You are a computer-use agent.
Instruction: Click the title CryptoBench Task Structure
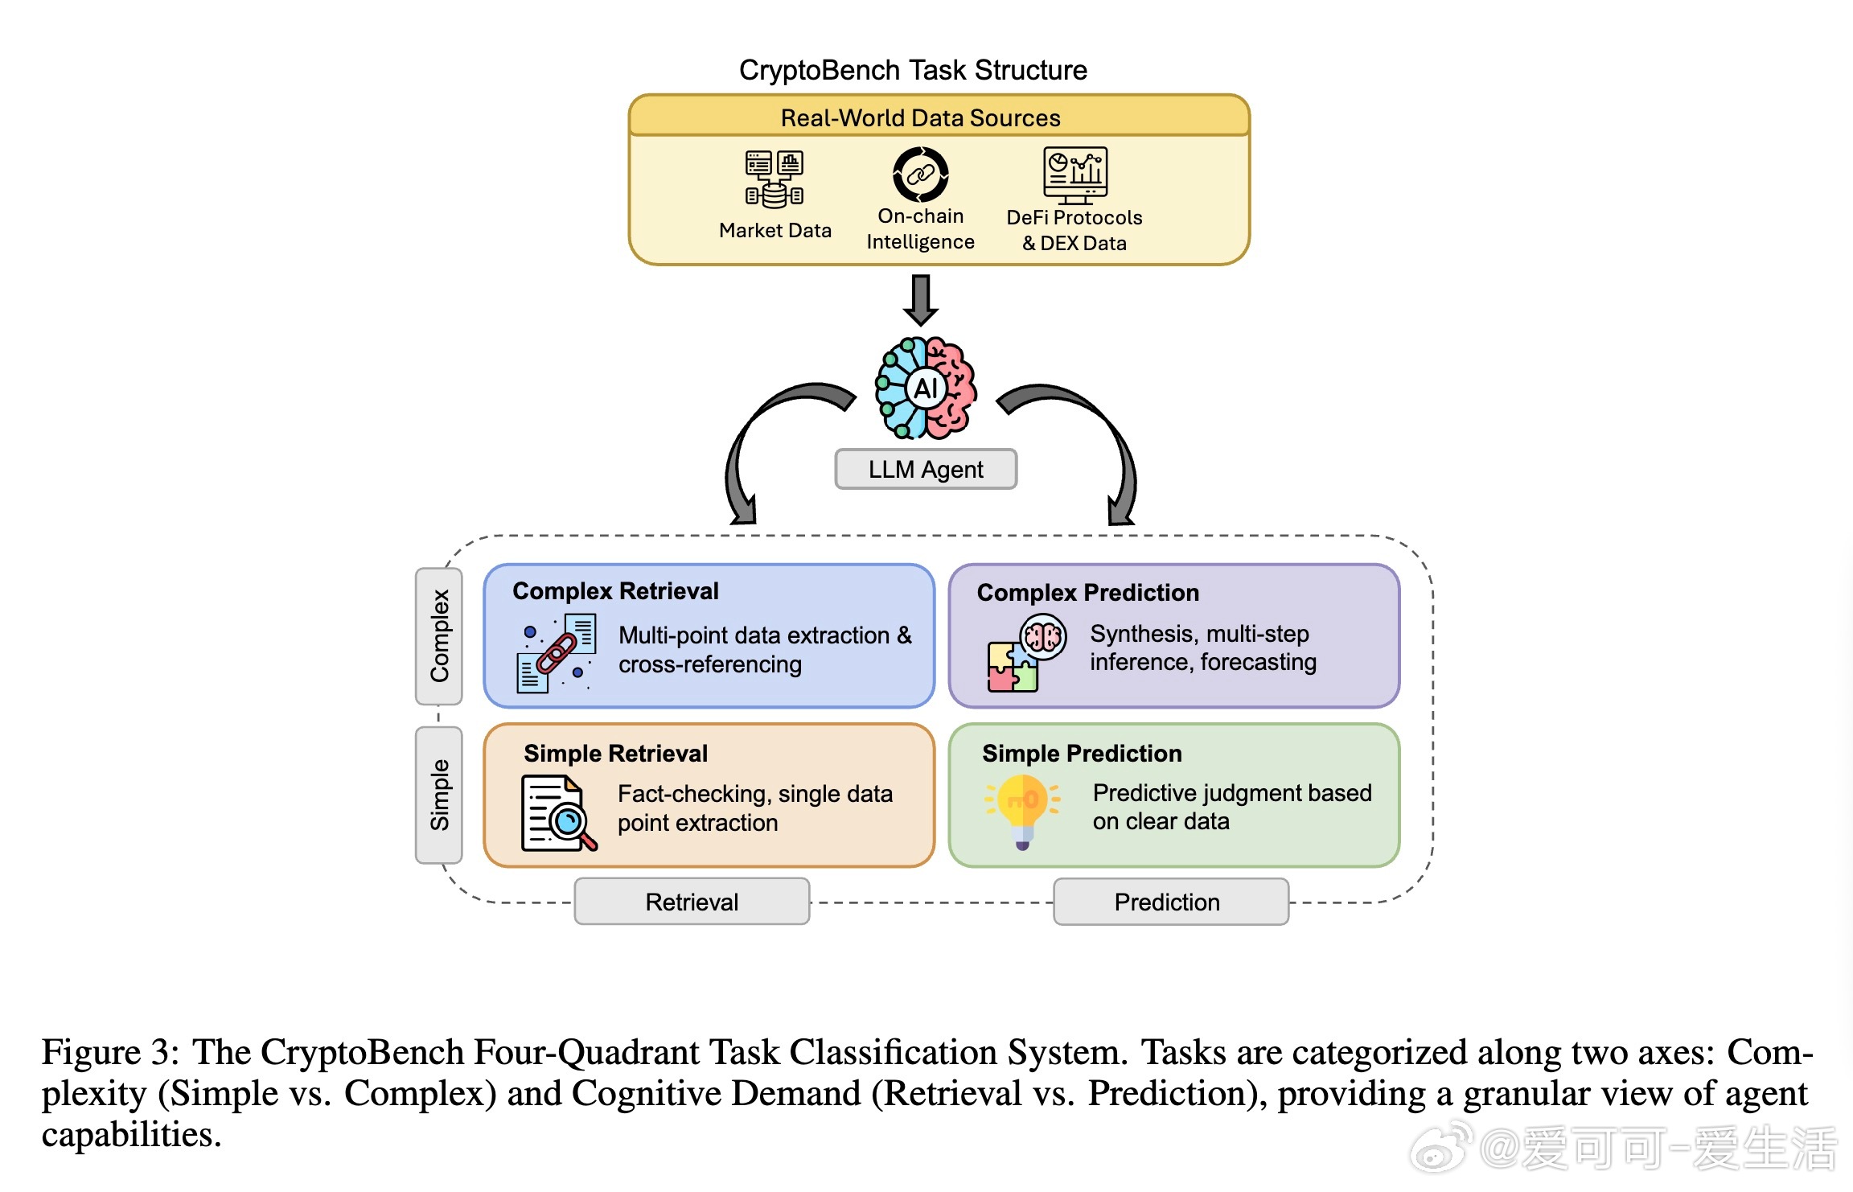coord(913,71)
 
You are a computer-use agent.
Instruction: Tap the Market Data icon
coord(774,179)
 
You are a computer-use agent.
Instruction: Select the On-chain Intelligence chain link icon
coord(921,174)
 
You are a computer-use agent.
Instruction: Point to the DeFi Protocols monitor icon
coord(1075,175)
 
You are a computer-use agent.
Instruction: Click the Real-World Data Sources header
coord(920,118)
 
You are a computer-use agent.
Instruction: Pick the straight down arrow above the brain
coord(921,299)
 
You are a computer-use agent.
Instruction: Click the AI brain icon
coord(926,388)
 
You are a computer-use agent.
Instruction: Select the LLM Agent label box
coord(926,469)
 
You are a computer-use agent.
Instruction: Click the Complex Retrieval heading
coord(615,591)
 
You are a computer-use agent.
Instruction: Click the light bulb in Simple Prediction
coord(1022,809)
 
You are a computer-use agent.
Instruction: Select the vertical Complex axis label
coord(439,635)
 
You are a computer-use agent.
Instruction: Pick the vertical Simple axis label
coord(439,795)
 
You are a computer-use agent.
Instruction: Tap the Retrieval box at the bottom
coord(692,902)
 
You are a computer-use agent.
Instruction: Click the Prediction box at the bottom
coord(1170,902)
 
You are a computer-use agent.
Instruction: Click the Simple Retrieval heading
coord(615,754)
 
